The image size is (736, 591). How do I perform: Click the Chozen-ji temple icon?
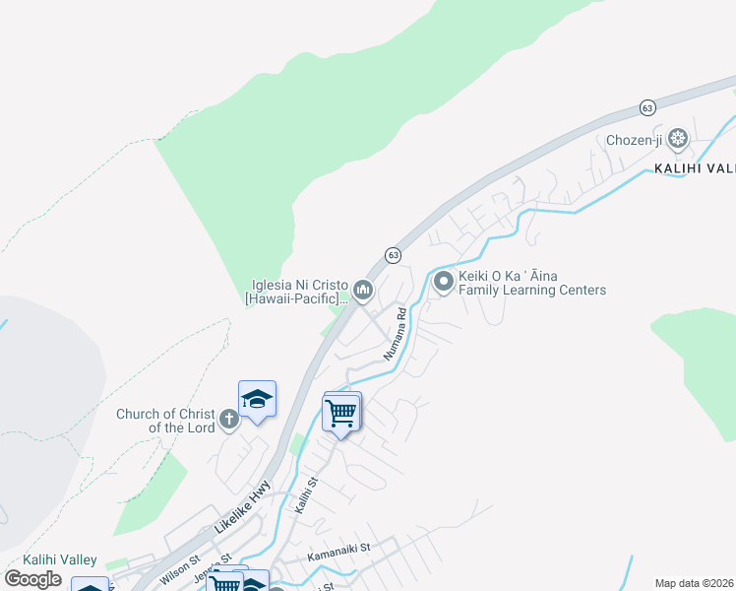(x=678, y=138)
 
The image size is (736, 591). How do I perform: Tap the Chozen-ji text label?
(x=635, y=140)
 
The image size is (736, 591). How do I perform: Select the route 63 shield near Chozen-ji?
(x=646, y=107)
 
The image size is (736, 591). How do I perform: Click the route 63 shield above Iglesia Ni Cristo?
(x=393, y=255)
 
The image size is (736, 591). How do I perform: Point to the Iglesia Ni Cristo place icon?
(x=364, y=289)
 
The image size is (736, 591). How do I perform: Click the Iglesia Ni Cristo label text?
(x=298, y=290)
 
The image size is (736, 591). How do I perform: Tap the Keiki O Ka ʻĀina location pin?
(x=444, y=283)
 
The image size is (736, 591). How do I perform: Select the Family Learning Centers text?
(x=532, y=291)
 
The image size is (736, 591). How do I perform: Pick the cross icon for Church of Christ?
(x=228, y=421)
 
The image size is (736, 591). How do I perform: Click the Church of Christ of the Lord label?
(x=165, y=421)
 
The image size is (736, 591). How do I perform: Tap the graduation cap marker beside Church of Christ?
(x=257, y=399)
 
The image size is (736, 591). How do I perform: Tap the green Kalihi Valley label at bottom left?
(x=60, y=559)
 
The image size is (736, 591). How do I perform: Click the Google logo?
(x=33, y=578)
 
